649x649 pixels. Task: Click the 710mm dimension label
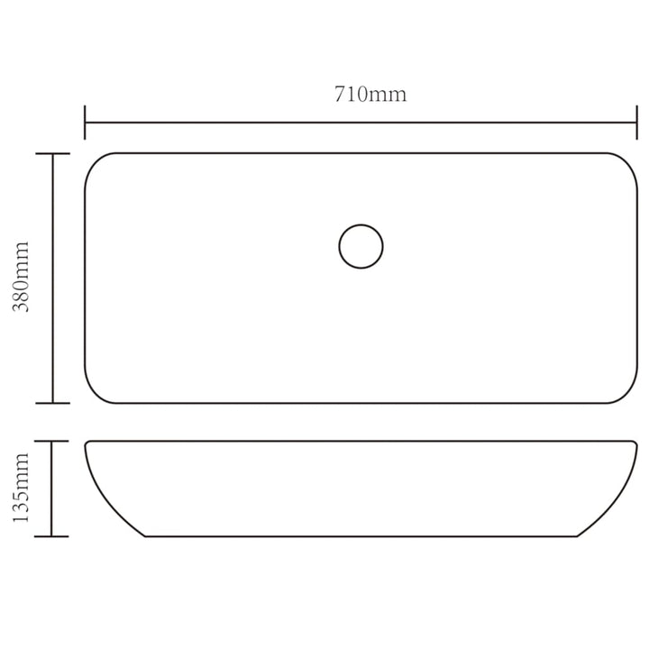(x=370, y=95)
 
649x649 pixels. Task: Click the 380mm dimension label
(x=21, y=277)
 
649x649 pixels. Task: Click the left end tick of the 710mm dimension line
(x=85, y=123)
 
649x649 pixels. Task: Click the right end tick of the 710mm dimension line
(x=636, y=123)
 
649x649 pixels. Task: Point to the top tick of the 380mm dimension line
(x=52, y=154)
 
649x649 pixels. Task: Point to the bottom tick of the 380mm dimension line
(x=52, y=403)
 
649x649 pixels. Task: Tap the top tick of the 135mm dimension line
(x=51, y=441)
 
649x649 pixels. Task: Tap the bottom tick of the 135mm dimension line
(x=51, y=536)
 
